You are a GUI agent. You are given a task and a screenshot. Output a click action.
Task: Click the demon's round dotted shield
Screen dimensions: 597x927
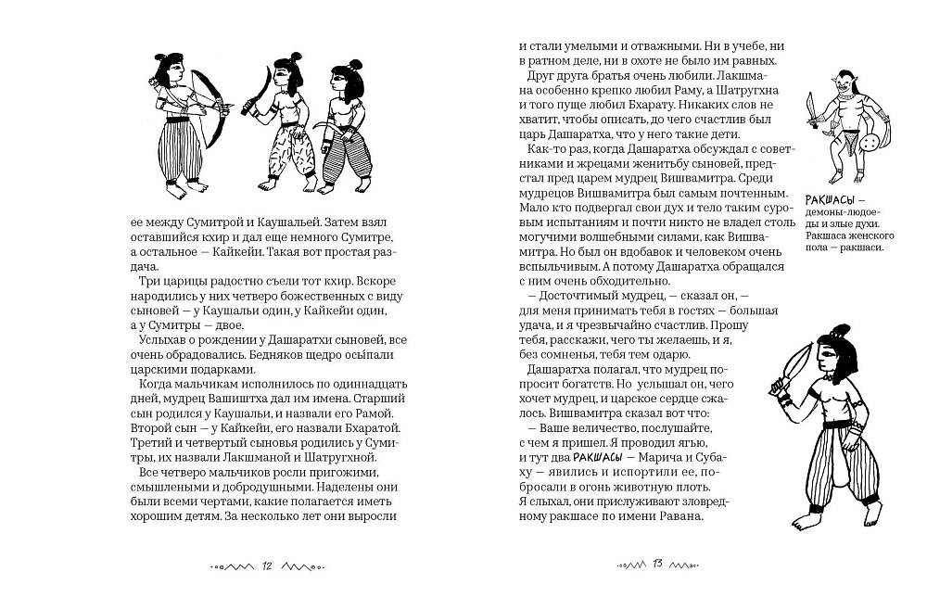(x=870, y=146)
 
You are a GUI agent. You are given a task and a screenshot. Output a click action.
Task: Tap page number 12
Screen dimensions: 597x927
(x=267, y=565)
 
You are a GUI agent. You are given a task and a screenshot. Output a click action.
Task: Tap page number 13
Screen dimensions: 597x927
(x=654, y=565)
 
